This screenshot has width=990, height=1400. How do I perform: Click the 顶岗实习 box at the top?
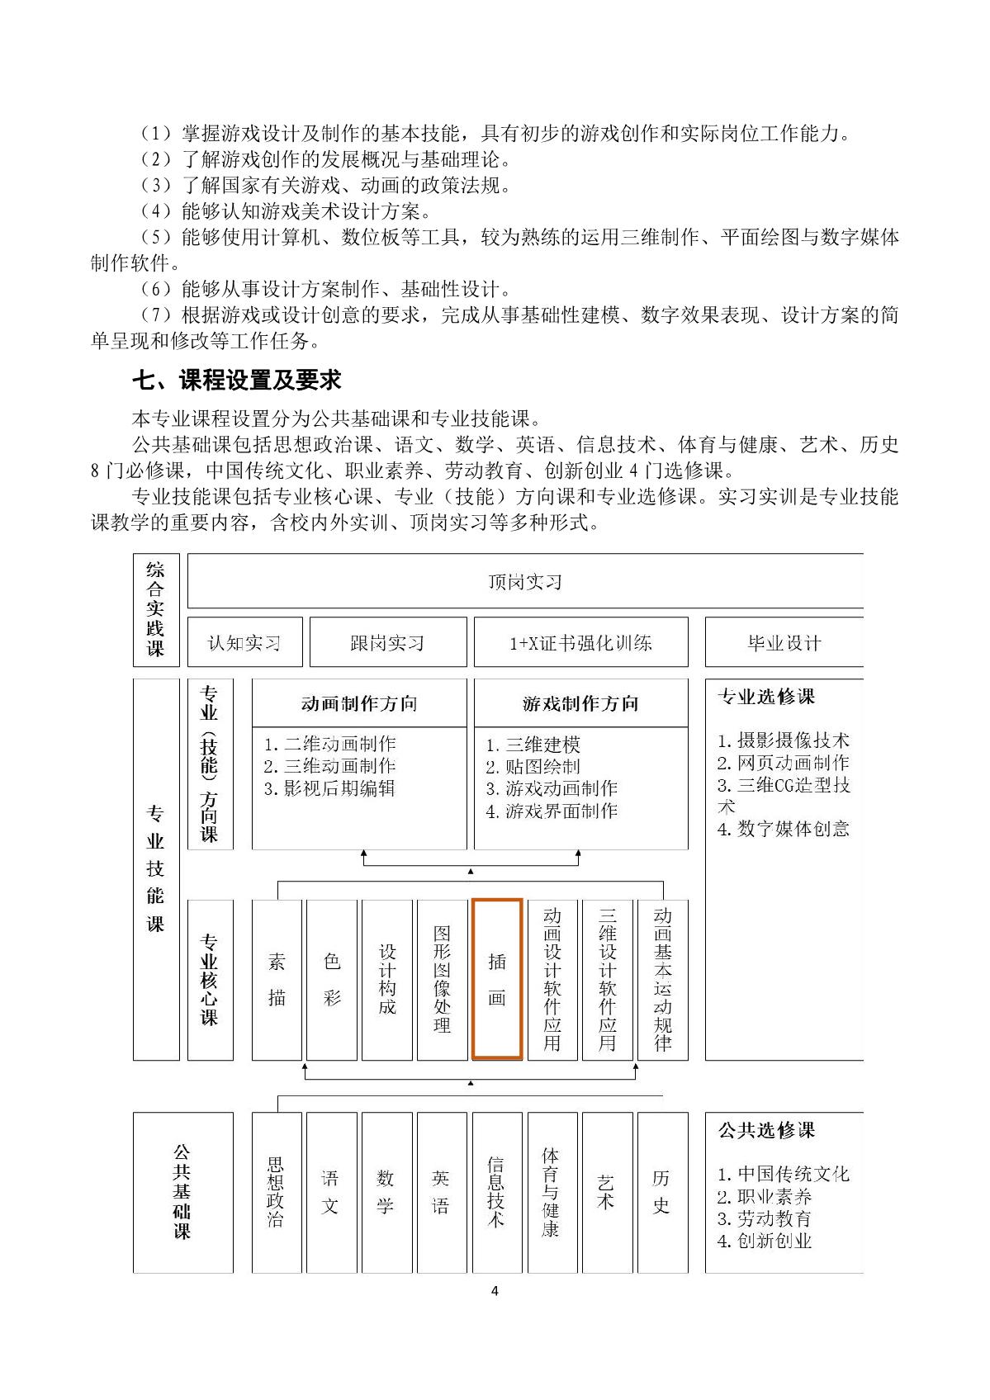tap(525, 582)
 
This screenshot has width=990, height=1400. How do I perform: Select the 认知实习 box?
tap(244, 642)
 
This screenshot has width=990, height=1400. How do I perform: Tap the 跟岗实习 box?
tap(387, 642)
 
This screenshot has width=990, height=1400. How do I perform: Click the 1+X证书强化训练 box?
tap(580, 642)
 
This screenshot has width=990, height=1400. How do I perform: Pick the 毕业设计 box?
tap(784, 642)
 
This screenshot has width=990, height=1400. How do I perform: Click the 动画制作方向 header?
tap(359, 703)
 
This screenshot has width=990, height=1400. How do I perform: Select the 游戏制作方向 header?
tap(580, 703)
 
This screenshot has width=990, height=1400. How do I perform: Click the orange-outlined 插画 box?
tap(497, 979)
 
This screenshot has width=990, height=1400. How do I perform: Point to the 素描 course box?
tap(277, 979)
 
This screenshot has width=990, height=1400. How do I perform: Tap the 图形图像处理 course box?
tap(443, 979)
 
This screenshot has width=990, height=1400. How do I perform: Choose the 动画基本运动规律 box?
tap(662, 979)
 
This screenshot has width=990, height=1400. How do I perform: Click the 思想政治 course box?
tap(277, 1192)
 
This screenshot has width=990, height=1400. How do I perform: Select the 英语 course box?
tap(442, 1192)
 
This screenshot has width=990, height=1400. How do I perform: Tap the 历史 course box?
tap(662, 1192)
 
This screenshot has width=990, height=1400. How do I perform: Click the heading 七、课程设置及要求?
tap(238, 381)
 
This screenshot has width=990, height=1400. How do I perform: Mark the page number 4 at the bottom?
tap(495, 1291)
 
